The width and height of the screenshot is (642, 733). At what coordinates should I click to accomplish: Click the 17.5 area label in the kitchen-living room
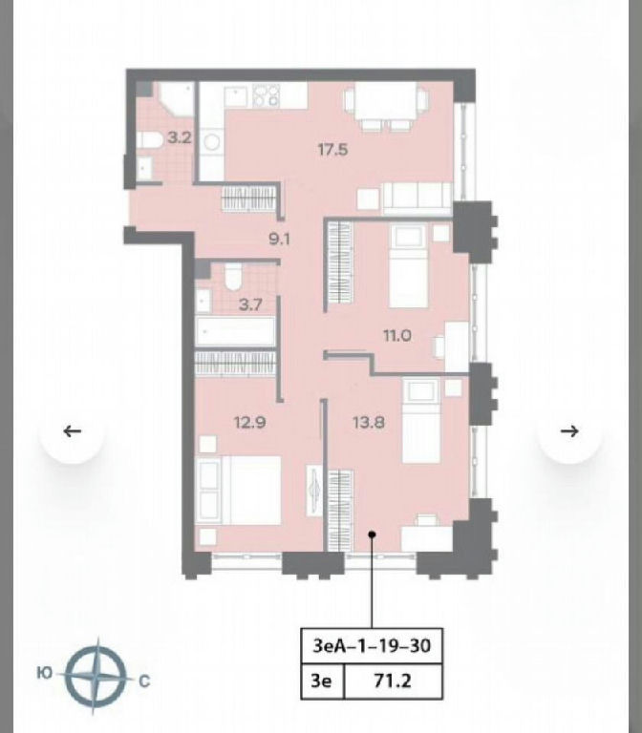point(332,150)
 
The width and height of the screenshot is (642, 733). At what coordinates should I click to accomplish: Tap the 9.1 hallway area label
point(279,239)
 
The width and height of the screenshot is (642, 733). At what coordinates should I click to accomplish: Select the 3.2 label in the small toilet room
point(180,137)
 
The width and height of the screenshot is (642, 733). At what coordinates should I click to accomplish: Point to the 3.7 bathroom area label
point(250,305)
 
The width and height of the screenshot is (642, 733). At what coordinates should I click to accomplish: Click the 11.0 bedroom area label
point(397,335)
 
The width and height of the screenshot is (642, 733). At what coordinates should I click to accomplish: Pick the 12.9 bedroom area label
point(250,423)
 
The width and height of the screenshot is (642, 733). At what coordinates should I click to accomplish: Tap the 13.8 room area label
point(369,423)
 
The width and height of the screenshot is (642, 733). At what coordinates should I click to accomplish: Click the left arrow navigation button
point(72,431)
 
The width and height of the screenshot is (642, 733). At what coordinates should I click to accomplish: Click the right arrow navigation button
point(569,431)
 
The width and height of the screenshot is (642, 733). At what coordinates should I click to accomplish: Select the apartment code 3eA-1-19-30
point(372,646)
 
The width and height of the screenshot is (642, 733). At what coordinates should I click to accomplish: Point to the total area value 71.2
point(393,681)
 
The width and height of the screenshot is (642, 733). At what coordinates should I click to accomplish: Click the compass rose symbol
point(96,675)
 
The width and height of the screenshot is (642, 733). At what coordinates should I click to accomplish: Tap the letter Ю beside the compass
point(44,673)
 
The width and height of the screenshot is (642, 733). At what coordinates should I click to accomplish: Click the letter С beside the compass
point(144,681)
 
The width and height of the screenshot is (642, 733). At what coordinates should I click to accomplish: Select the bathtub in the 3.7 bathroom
point(235,331)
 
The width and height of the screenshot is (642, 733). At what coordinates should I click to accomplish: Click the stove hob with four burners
point(266,95)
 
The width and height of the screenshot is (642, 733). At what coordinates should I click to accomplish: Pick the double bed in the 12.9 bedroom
point(239,491)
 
